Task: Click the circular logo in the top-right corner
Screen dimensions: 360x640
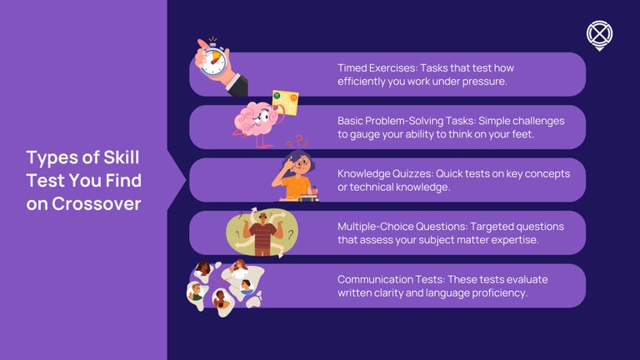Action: tap(599, 34)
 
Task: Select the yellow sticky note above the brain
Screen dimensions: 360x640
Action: tap(285, 103)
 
